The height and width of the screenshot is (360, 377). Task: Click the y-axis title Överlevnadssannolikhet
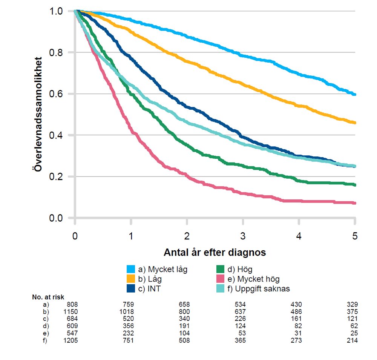[x=38, y=114]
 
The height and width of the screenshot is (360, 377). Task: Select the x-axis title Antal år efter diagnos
[x=215, y=252]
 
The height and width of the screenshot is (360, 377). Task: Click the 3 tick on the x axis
[x=243, y=237]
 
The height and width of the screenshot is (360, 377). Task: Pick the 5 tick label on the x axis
[x=355, y=237]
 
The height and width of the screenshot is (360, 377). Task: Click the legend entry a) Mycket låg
[x=162, y=270]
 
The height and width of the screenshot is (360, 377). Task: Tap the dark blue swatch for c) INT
[x=131, y=289]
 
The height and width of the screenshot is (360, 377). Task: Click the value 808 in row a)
[x=72, y=304]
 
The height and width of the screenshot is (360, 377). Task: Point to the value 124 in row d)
[x=240, y=326]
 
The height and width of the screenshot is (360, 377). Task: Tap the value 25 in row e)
[x=353, y=333]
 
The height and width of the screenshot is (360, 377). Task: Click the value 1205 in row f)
[x=70, y=340]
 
